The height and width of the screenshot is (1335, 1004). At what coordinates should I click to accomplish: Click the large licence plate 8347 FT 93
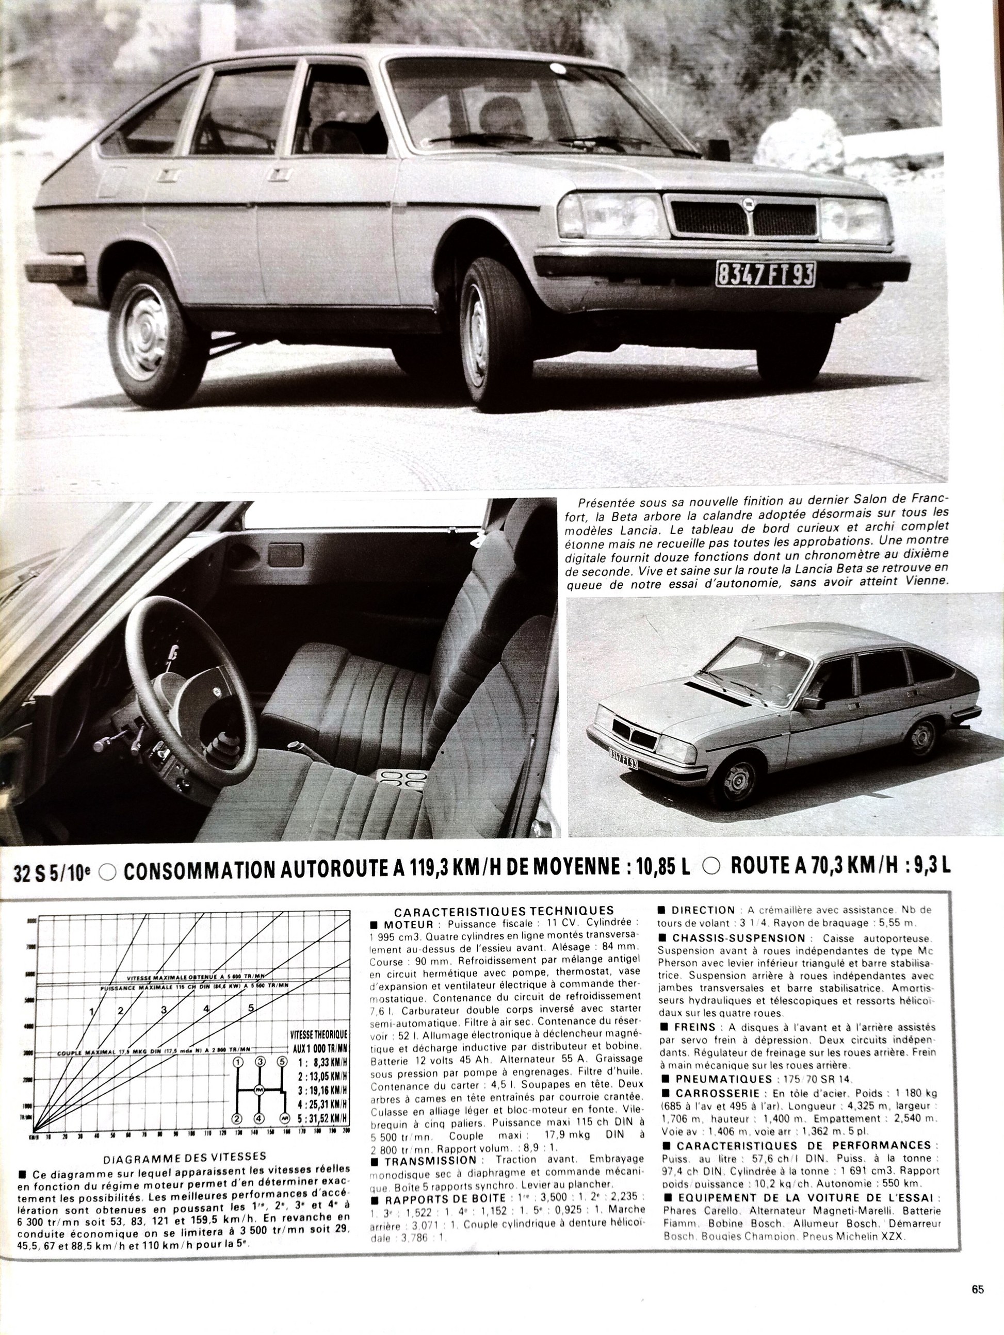(765, 274)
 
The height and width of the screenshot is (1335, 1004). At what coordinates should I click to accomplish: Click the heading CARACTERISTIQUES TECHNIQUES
(504, 910)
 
